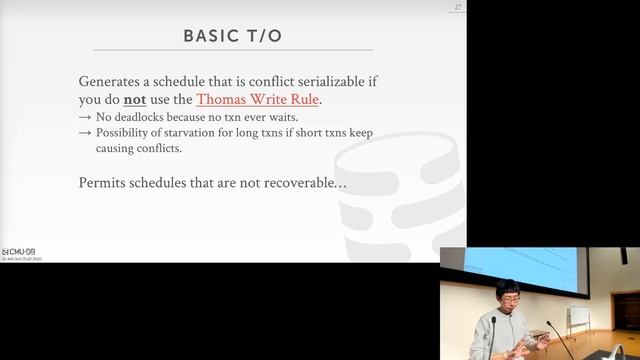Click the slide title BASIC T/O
tap(232, 36)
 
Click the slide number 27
tap(458, 8)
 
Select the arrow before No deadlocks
tap(85, 117)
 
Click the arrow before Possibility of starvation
tap(85, 132)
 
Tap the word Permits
tap(102, 183)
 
